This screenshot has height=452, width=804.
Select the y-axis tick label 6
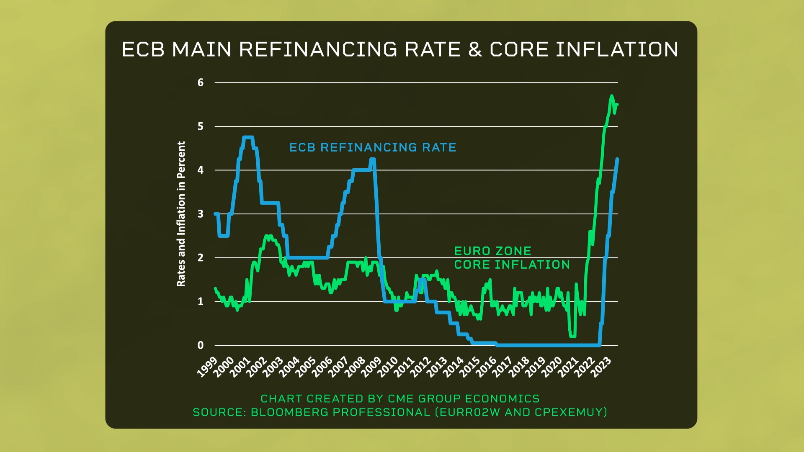tap(201, 82)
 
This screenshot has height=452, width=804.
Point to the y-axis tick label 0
tap(201, 345)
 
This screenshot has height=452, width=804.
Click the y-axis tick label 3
tap(201, 214)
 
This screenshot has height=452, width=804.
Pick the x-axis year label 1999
tap(207, 367)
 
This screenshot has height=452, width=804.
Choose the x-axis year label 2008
tap(355, 367)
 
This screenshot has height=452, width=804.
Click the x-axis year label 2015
tap(470, 367)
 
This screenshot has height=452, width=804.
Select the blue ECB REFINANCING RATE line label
tap(373, 147)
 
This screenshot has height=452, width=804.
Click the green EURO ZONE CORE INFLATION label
tap(512, 258)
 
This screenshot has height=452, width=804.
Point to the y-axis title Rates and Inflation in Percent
tap(181, 214)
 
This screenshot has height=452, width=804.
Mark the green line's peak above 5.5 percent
tap(612, 96)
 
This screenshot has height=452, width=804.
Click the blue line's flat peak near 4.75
tap(248, 137)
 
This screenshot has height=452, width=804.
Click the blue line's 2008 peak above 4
tap(372, 159)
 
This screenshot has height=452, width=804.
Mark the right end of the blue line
tap(617, 159)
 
